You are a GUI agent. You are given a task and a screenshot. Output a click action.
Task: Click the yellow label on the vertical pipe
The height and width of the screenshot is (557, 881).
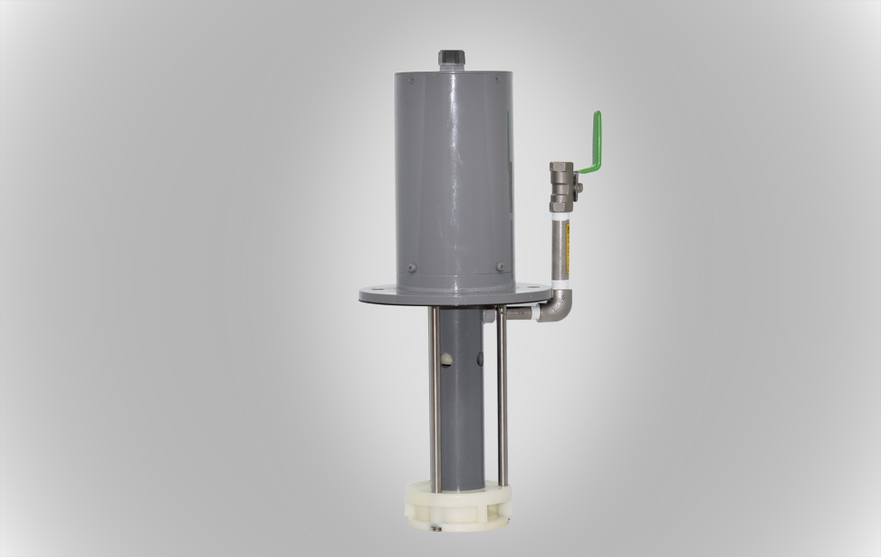click(x=568, y=239)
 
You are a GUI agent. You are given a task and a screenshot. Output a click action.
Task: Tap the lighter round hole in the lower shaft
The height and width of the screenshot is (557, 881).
click(x=446, y=360)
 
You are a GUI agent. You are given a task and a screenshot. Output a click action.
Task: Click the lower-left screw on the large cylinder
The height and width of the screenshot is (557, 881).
click(x=411, y=268)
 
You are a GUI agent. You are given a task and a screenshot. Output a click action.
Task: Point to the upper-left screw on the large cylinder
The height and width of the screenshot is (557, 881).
click(x=410, y=80)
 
